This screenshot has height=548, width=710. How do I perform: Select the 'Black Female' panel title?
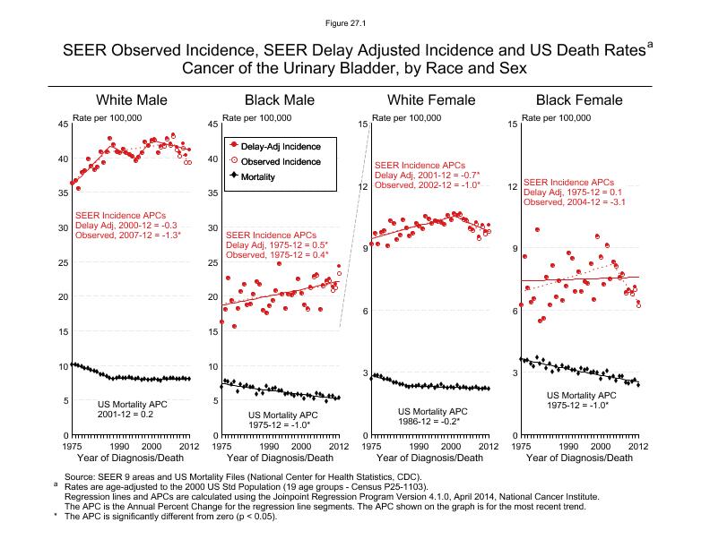tap(578, 99)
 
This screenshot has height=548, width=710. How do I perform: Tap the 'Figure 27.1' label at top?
tap(354, 22)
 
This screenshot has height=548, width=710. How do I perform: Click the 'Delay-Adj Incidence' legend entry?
tap(281, 145)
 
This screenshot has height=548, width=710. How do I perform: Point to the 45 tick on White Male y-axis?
tap(62, 124)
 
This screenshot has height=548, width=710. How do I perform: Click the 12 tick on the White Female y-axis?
tap(362, 186)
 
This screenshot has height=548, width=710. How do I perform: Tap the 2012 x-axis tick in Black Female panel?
tap(637, 445)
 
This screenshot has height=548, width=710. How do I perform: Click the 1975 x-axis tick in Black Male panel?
tap(221, 445)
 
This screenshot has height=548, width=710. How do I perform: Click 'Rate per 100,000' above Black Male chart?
tap(255, 117)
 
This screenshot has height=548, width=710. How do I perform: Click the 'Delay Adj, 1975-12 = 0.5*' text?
tap(277, 244)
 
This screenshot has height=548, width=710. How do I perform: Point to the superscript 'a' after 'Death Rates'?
tap(650, 42)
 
